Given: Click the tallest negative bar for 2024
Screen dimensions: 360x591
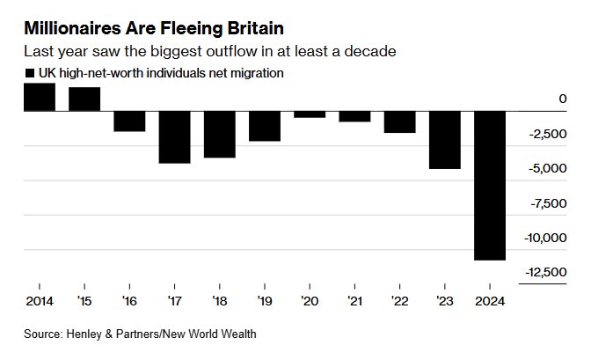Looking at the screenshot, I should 489,185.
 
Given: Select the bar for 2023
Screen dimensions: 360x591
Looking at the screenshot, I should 444,139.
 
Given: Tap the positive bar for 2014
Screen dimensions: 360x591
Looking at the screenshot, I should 40,97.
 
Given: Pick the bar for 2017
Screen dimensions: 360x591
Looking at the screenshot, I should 174,136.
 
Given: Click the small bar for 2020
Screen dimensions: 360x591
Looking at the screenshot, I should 310,114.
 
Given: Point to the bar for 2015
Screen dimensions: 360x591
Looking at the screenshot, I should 84,99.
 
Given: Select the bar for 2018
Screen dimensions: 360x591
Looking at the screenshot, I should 219,134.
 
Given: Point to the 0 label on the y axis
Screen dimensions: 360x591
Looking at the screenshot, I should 563,99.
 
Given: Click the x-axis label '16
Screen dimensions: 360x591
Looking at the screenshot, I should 129,301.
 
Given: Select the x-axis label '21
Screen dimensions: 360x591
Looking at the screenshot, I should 354,301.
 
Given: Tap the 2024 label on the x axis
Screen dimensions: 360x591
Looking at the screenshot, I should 489,301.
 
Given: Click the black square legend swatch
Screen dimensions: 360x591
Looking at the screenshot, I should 30,74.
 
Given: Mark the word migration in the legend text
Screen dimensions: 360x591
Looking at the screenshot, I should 256,73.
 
